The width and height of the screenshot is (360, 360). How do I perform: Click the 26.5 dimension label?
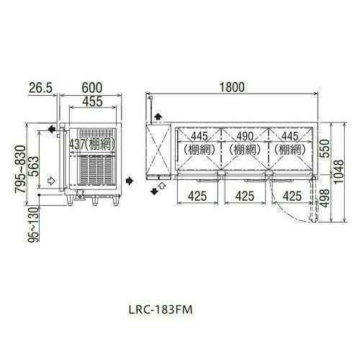pyautogui.click(x=40, y=88)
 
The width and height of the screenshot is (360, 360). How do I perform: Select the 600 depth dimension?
pyautogui.click(x=91, y=88)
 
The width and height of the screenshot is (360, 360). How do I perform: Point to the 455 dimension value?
pyautogui.click(x=92, y=102)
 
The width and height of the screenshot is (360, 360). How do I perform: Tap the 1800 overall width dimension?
pyautogui.click(x=232, y=87)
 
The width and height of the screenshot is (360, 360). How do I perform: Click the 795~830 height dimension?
pyautogui.click(x=20, y=169)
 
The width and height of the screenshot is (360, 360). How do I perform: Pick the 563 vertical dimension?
pyautogui.click(x=33, y=166)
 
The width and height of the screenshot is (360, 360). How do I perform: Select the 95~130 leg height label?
pyautogui.click(x=34, y=225)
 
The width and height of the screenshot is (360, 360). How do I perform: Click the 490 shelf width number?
pyautogui.click(x=245, y=136)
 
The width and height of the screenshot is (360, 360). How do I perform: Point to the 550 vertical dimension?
pyautogui.click(x=325, y=148)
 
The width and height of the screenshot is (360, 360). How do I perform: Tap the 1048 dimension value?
pyautogui.click(x=339, y=172)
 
